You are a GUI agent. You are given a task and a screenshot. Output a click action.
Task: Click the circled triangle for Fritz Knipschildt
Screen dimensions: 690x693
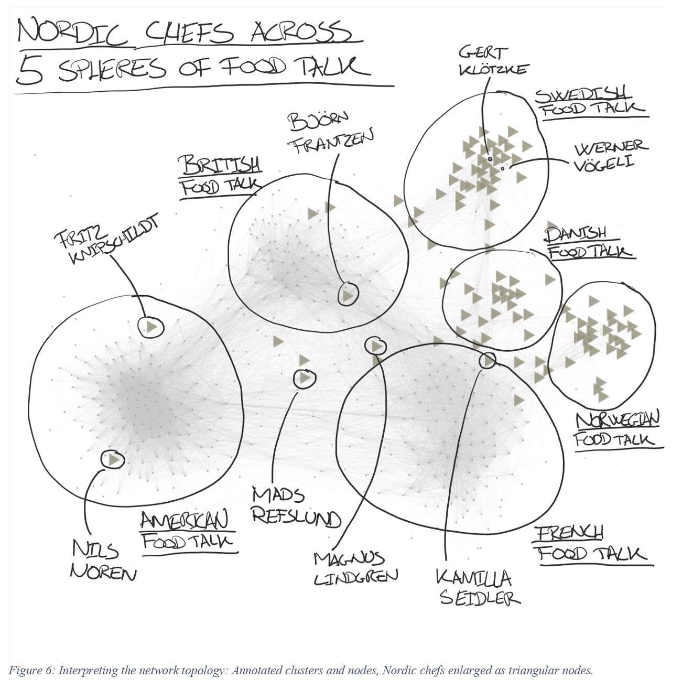click(x=151, y=327)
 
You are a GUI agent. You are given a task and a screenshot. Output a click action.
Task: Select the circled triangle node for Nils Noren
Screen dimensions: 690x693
click(x=113, y=459)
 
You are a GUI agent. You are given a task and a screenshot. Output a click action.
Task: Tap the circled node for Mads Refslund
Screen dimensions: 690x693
click(x=305, y=378)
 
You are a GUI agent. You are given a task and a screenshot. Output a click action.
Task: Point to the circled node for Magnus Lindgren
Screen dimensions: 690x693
click(x=376, y=346)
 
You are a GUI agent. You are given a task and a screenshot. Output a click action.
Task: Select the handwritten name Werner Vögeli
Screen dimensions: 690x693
click(x=611, y=156)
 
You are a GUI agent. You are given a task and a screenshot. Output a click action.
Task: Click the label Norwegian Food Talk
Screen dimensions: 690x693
click(x=616, y=429)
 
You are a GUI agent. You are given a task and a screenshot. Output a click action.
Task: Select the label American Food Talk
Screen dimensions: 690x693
click(x=186, y=531)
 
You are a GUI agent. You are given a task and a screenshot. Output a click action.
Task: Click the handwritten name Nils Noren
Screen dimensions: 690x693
click(x=102, y=560)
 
